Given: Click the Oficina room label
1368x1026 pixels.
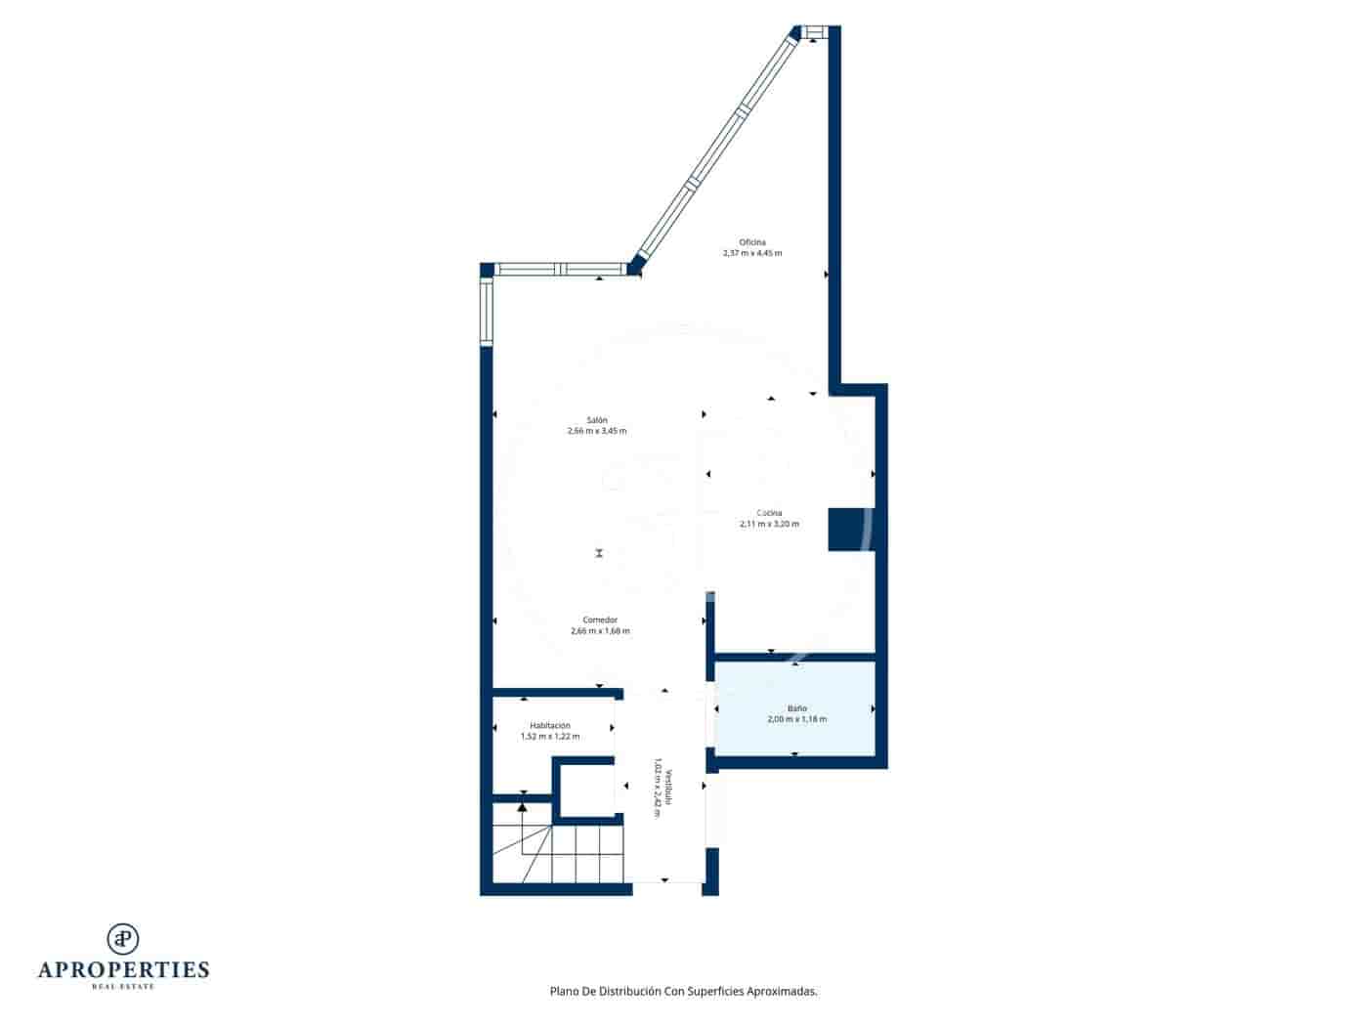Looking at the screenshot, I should click(x=752, y=241).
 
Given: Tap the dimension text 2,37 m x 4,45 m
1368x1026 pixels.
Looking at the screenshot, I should click(x=752, y=253).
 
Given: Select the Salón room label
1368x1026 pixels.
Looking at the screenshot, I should click(x=597, y=419).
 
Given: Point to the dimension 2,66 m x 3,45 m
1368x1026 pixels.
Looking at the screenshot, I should click(x=597, y=431).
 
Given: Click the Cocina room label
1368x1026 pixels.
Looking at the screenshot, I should click(x=769, y=512).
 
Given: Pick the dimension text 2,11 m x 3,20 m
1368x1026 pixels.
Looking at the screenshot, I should click(x=769, y=524).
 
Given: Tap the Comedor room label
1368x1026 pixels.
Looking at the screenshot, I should click(x=600, y=620).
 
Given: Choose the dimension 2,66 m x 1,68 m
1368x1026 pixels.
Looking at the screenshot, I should click(x=600, y=631).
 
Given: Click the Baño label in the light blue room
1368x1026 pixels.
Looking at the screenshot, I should click(x=797, y=707).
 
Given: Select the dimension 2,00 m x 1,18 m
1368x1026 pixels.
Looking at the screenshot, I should click(x=797, y=719).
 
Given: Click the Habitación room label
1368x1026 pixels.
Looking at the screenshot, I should click(x=550, y=725).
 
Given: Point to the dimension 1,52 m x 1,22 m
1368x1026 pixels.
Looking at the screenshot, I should click(x=550, y=737).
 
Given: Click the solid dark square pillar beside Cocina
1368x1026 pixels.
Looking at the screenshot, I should click(x=848, y=529).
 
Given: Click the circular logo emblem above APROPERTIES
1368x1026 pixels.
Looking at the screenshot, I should click(x=123, y=938).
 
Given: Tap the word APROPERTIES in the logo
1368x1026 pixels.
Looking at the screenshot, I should click(x=123, y=969).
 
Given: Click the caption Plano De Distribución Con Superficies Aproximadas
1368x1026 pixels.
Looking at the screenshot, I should click(x=684, y=991).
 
